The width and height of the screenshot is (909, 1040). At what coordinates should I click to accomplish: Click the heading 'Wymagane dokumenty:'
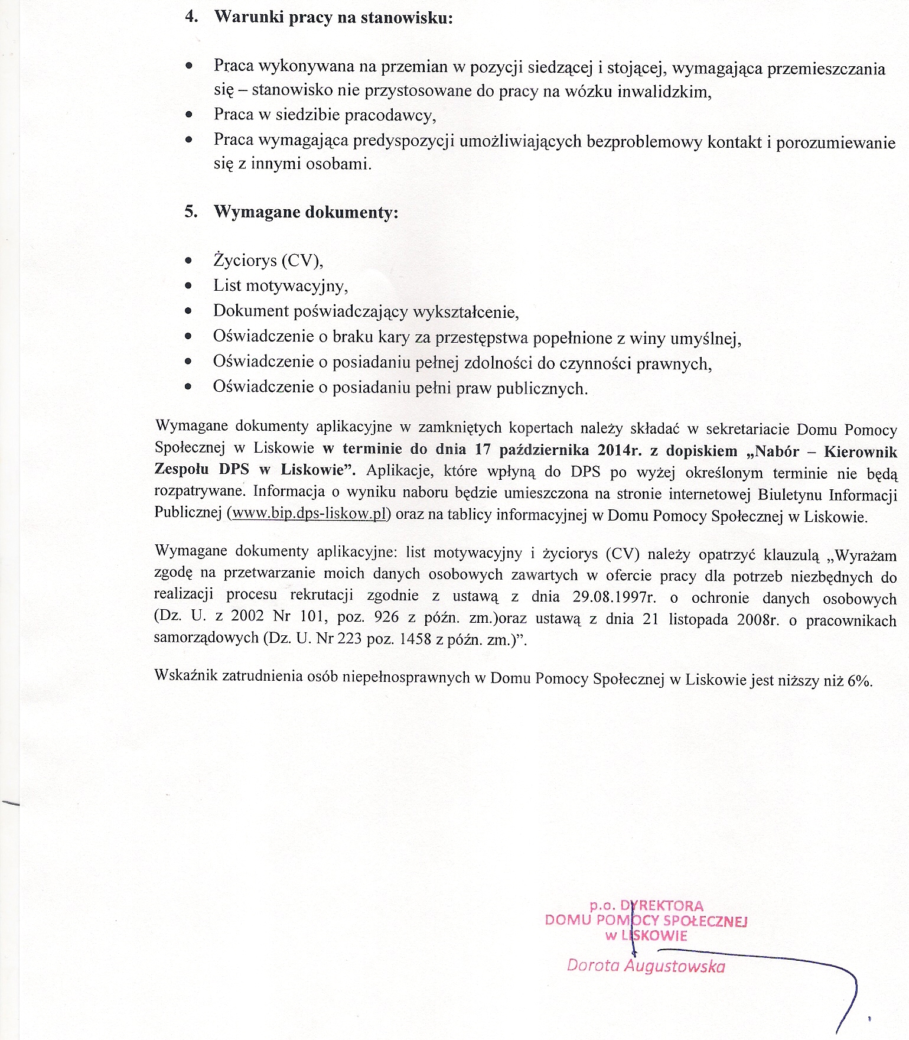coord(305,212)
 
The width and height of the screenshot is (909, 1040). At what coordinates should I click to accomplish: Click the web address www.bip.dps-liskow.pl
coord(309,514)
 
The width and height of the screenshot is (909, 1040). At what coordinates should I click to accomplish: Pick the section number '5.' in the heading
coord(191,212)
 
